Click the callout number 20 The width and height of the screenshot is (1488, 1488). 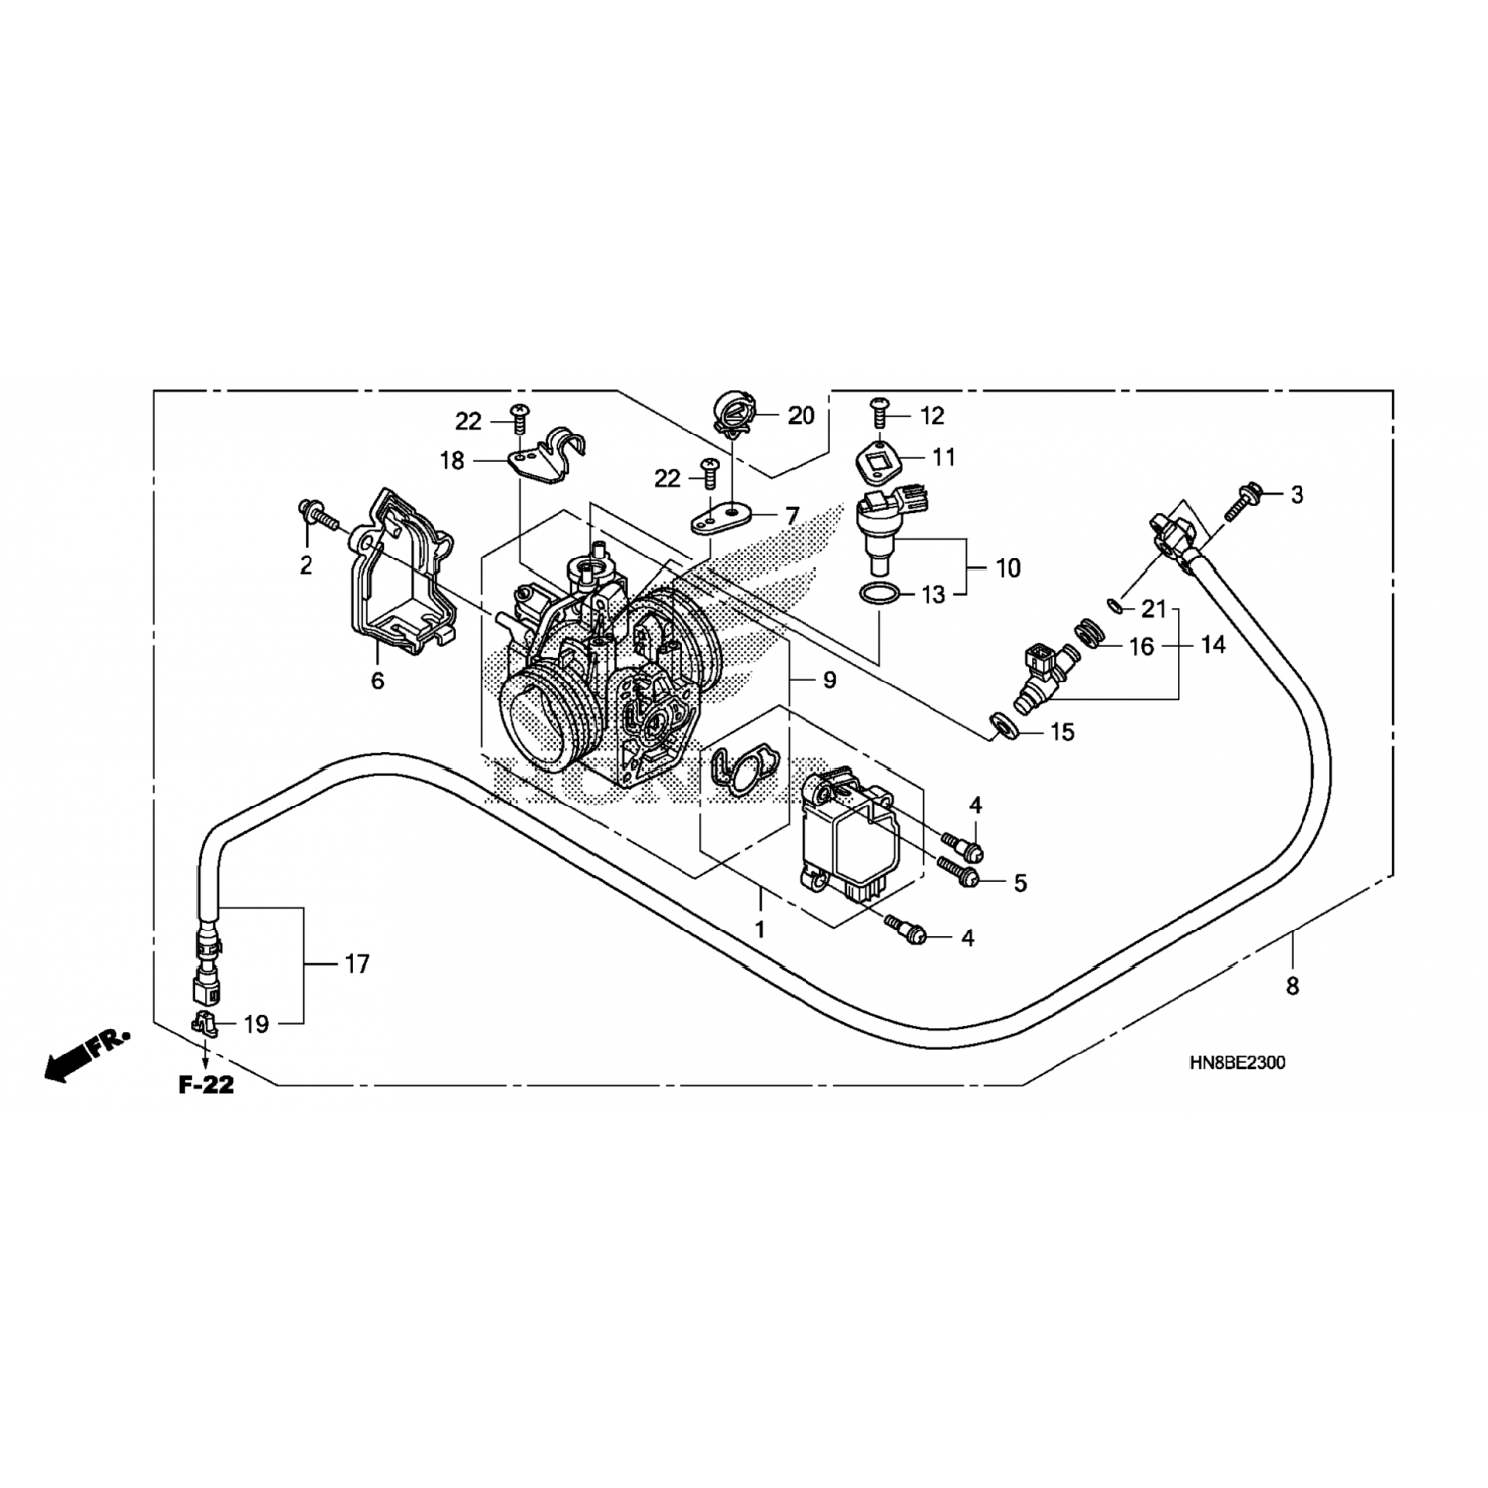click(x=801, y=416)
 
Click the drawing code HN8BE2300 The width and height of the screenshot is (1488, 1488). click(x=1237, y=1063)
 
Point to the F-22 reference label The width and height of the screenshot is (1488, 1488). click(x=206, y=1085)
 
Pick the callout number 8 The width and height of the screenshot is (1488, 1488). click(x=1292, y=986)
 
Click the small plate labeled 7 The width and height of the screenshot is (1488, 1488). click(x=720, y=518)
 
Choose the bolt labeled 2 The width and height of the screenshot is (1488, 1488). click(x=315, y=515)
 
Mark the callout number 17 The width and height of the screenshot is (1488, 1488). click(x=356, y=963)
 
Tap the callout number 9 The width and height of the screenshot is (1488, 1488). click(x=829, y=681)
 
